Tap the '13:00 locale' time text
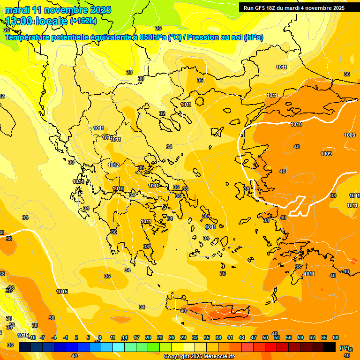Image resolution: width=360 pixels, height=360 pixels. (36, 21)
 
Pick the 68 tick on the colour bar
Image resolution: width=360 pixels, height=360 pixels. (336, 337)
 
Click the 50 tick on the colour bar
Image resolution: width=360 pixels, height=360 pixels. (265, 337)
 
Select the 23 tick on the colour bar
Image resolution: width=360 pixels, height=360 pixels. (159, 337)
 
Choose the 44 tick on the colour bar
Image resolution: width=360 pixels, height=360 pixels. (242, 337)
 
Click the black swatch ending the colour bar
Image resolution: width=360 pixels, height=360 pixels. (330, 347)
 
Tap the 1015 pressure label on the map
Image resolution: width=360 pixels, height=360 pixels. (62, 292)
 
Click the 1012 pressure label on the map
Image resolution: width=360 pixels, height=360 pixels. (113, 165)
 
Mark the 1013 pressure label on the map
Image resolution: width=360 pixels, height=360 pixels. (118, 188)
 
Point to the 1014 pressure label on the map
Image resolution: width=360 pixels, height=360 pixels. (78, 181)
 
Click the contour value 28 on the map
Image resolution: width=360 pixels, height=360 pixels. (129, 72)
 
